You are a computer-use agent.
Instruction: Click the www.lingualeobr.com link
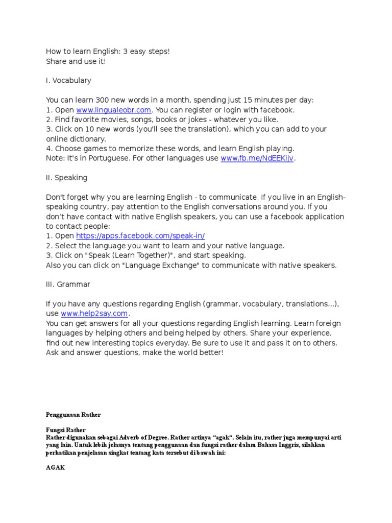(113, 110)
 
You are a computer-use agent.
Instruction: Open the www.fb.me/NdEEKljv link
(258, 158)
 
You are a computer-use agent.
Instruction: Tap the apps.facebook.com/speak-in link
(140, 236)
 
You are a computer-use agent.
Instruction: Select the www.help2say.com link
(95, 314)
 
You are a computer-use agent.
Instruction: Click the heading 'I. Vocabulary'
(68, 81)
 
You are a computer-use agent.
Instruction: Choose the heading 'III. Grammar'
(68, 284)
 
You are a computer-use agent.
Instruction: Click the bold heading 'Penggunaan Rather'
(73, 415)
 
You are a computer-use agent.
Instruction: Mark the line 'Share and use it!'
(76, 61)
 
